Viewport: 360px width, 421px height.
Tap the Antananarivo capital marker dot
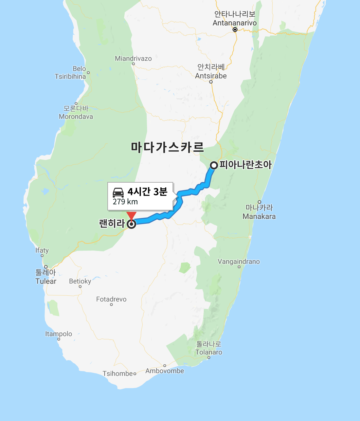point(235,30)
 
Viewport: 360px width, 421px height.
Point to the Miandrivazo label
point(133,58)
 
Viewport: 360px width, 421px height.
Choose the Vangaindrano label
point(238,261)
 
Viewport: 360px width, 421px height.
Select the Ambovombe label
point(165,371)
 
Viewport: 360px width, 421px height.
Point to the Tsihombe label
point(118,373)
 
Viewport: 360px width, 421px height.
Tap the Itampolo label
point(58,334)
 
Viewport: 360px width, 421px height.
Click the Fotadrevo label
point(111,299)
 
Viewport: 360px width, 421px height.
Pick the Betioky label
point(80,281)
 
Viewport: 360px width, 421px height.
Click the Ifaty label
point(42,250)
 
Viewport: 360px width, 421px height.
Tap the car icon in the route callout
point(118,193)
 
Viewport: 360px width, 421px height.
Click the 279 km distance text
point(125,202)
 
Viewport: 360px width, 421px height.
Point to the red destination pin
point(131,216)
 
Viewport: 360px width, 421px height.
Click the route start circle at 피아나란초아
point(214,165)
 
